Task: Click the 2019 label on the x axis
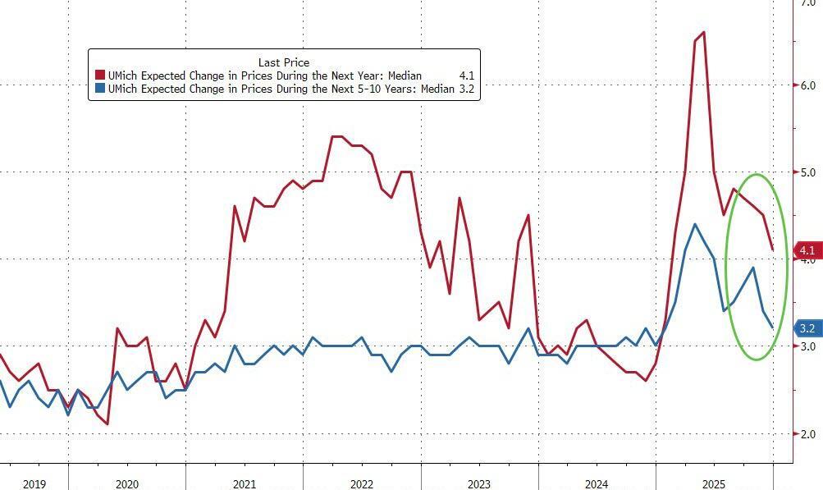(x=34, y=484)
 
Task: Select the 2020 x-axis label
(x=127, y=484)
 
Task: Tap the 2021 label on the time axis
(x=245, y=484)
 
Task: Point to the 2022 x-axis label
(x=362, y=484)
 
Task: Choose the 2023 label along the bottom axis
(x=479, y=484)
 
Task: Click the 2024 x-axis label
(x=597, y=484)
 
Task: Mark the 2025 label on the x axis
(x=714, y=484)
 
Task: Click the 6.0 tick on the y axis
(x=807, y=85)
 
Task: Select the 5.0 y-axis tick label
(x=807, y=172)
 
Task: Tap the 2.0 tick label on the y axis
(x=807, y=434)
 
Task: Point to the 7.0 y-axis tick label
(x=807, y=4)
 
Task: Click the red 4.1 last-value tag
(x=807, y=250)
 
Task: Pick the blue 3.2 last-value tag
(x=807, y=329)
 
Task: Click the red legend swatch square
(x=101, y=76)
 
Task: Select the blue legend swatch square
(x=101, y=89)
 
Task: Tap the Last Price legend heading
(x=283, y=62)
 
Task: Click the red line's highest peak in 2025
(x=704, y=32)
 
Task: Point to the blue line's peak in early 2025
(x=695, y=224)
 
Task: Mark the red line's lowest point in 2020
(x=107, y=424)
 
